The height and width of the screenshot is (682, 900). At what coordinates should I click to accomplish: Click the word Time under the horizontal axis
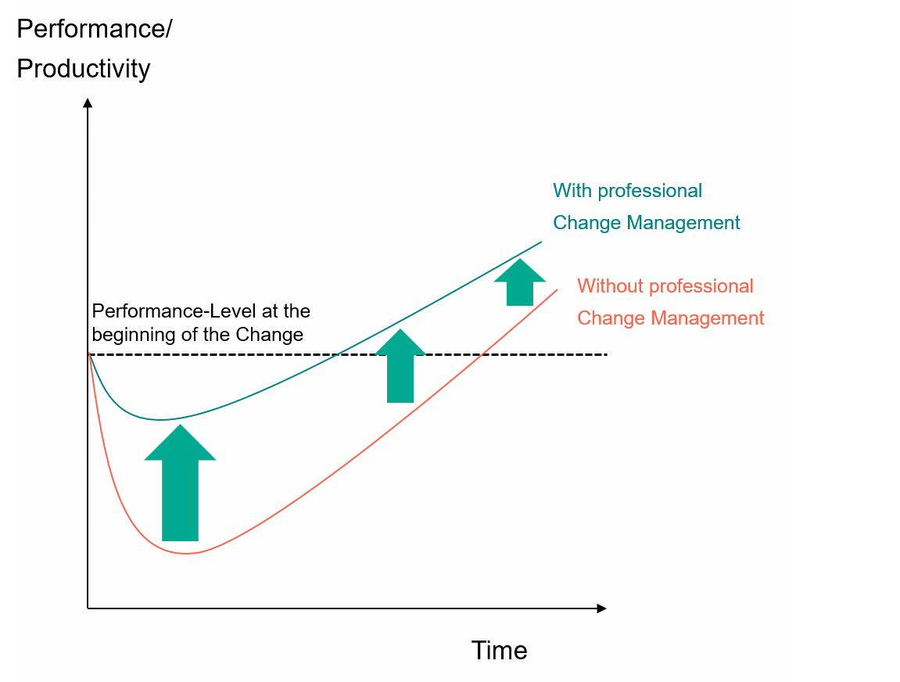[x=499, y=651]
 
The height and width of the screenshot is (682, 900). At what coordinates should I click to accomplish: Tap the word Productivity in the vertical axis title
[x=83, y=69]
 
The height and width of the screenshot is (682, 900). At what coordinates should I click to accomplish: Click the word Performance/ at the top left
[x=94, y=29]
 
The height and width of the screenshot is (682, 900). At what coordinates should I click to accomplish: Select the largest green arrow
[x=180, y=483]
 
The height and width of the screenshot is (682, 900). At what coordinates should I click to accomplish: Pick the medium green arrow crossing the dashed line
[x=400, y=366]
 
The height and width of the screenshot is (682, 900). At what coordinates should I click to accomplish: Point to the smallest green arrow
[x=520, y=282]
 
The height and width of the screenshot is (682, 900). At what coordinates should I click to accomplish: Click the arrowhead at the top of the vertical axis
[x=88, y=102]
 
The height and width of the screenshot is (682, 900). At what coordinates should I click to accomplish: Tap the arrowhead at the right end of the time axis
[x=601, y=608]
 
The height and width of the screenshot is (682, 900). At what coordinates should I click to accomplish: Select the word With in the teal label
[x=572, y=191]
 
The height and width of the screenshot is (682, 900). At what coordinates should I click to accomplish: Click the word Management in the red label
[x=707, y=318]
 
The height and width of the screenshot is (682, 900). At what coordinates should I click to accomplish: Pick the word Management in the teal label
[x=683, y=224]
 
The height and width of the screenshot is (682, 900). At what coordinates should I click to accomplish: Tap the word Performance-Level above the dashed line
[x=174, y=311]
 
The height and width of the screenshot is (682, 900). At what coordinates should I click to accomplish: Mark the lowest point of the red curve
[x=187, y=554]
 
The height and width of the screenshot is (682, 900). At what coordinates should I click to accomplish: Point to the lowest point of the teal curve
[x=161, y=420]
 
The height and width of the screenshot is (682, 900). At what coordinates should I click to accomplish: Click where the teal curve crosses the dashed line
[x=338, y=355]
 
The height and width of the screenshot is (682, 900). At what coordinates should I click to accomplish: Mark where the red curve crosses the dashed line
[x=480, y=355]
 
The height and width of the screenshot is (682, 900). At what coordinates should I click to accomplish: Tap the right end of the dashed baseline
[x=607, y=355]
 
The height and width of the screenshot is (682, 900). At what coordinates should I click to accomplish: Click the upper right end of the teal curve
[x=541, y=242]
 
